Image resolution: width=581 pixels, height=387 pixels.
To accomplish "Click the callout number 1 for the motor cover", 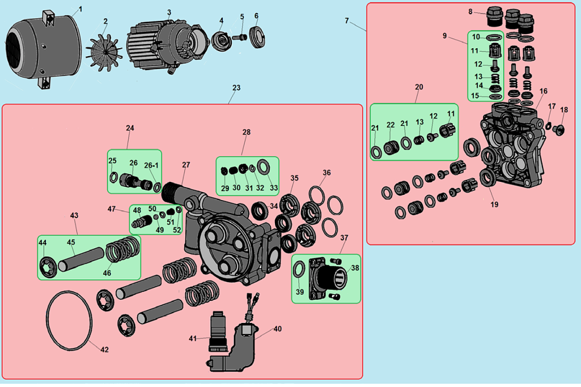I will (80, 9).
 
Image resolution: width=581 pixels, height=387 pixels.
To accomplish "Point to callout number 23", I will (236, 88).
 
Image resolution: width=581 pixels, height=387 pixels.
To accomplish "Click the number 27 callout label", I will (186, 165).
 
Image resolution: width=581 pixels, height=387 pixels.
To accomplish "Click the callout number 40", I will (277, 329).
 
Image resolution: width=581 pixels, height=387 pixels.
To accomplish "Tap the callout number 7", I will (347, 20).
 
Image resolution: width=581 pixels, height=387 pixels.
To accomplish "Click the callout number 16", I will (544, 91).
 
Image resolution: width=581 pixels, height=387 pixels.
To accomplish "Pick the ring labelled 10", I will (494, 38).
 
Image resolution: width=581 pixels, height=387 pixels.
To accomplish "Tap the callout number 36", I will (326, 173).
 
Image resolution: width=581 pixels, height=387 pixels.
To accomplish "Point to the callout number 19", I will (494, 205).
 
